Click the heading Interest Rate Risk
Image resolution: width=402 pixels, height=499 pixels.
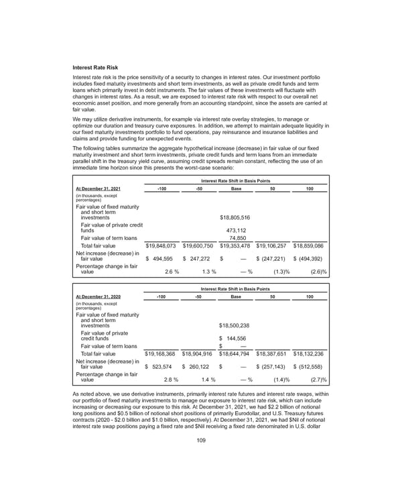point(100,67)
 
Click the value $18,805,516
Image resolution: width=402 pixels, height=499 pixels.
point(235,217)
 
